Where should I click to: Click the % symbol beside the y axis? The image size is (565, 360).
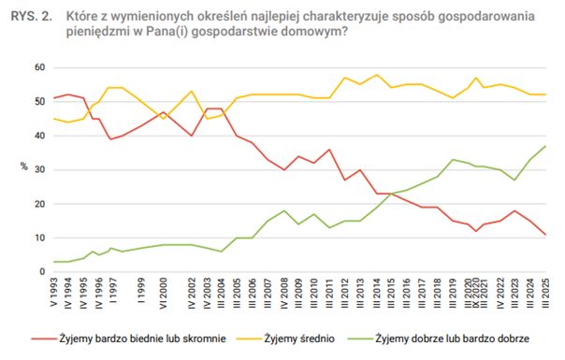click(x=24, y=169)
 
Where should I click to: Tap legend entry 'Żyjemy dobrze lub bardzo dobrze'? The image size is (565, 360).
click(x=453, y=338)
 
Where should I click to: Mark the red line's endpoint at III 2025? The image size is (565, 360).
click(x=546, y=235)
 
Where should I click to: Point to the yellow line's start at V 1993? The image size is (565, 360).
click(x=55, y=119)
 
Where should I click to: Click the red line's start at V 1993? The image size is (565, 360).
click(x=55, y=98)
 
